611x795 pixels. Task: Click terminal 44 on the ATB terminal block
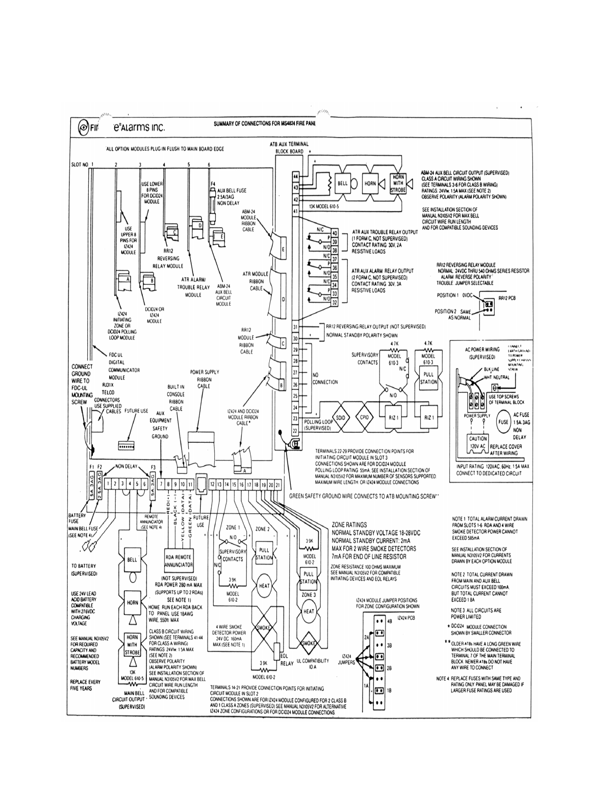295,176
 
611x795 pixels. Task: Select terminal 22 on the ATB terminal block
295,431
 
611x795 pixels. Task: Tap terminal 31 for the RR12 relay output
295,327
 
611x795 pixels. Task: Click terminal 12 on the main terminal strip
212,484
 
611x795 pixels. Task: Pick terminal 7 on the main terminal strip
161,484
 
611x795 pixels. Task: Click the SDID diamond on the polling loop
341,417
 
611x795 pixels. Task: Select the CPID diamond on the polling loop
364,417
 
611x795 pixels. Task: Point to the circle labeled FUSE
503,421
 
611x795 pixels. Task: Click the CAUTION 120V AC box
478,442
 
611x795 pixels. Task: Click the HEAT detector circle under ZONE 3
309,611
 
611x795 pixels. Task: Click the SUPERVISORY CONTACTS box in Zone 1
233,555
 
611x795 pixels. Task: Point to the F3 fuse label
154,467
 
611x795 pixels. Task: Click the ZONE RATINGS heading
349,524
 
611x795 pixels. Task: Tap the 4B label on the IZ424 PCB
390,621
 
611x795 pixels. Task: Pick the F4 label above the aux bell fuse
213,182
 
